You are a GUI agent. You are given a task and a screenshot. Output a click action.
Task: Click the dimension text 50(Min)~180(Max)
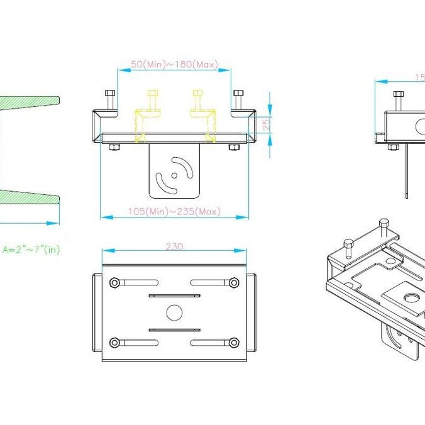[x=174, y=64]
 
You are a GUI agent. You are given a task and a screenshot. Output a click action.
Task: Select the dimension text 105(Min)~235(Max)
[x=174, y=211]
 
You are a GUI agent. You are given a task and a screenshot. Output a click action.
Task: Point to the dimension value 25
[x=266, y=124]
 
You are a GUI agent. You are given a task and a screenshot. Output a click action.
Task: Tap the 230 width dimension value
[x=174, y=246]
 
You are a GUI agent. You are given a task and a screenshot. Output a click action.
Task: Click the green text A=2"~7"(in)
[x=31, y=249]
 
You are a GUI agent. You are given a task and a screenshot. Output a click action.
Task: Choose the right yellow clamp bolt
[x=197, y=101]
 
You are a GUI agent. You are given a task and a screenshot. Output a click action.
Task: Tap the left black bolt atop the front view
[x=111, y=99]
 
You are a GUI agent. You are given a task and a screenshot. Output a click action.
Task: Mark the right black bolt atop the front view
[x=238, y=99]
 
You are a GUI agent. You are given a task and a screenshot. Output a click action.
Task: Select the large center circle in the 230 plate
[x=174, y=312]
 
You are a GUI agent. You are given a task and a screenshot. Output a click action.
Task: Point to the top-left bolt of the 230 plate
[x=114, y=283]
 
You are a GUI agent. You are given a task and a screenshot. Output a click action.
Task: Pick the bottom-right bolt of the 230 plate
[x=234, y=343]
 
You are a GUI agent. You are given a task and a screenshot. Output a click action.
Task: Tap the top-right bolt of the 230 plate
[x=234, y=283]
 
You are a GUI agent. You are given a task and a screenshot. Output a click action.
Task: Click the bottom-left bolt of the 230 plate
[x=114, y=343]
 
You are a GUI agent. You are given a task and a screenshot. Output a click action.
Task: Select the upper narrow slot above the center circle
[x=174, y=295]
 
